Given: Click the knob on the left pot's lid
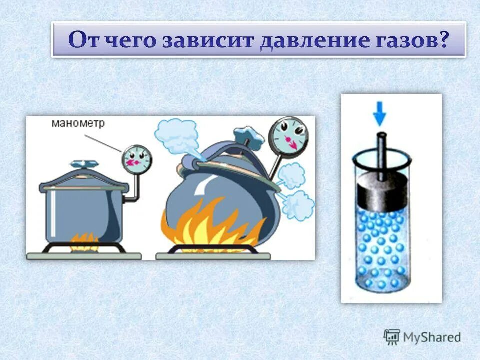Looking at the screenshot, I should (x=79, y=164).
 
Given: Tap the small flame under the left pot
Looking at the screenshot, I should (x=84, y=239).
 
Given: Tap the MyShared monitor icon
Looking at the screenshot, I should (x=392, y=337).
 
